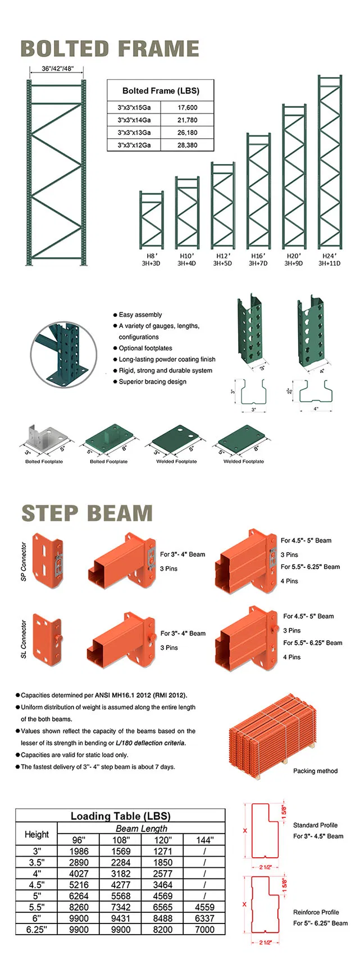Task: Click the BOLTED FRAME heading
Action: (110, 49)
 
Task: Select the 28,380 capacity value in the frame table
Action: (187, 145)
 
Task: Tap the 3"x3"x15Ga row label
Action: (134, 107)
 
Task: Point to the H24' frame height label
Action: (329, 256)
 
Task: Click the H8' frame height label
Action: (151, 256)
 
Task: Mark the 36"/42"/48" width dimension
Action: (57, 69)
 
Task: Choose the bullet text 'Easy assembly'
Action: (140, 315)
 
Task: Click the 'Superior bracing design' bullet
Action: (152, 381)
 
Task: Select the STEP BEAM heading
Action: (87, 513)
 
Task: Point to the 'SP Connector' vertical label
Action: (24, 561)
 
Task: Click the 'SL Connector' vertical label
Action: (24, 639)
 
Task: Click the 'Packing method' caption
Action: (315, 771)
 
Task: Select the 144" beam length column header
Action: (204, 840)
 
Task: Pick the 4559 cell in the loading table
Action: (204, 907)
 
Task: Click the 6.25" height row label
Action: (37, 929)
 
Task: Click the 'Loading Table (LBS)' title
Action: (120, 816)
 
